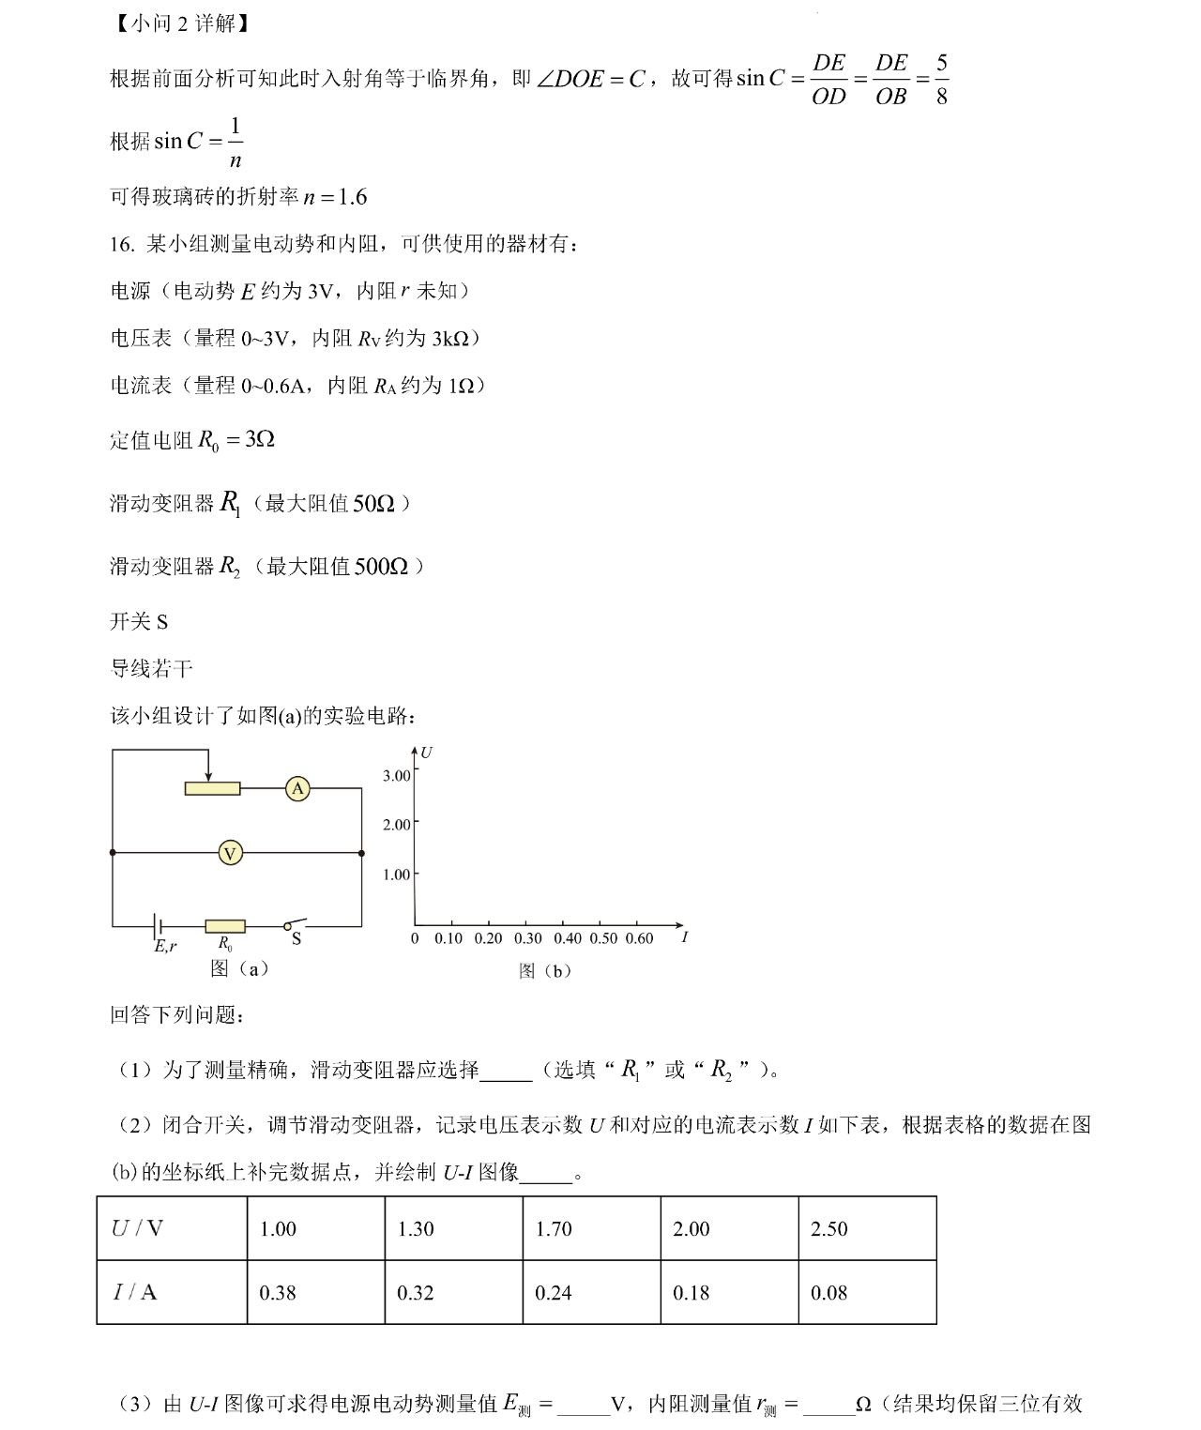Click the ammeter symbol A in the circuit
297,789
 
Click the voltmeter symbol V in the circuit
230,853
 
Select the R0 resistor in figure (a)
225,926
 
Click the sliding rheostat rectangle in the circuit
212,789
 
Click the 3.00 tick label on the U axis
396,775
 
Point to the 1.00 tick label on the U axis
396,875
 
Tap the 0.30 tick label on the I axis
527,938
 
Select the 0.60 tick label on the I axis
638,938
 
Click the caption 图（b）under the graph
545,971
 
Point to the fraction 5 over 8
941,80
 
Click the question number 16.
122,245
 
